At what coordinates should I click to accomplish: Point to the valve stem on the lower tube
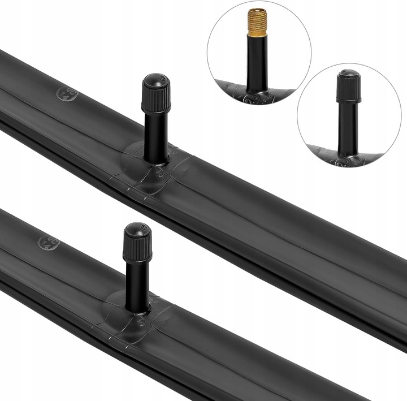(x=137, y=286)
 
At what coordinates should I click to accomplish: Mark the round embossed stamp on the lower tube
(x=47, y=243)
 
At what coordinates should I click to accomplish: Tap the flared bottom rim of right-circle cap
(x=349, y=100)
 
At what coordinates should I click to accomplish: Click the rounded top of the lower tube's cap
(x=137, y=227)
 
